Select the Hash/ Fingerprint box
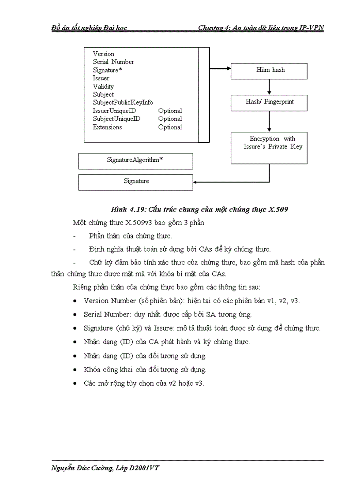[269, 102]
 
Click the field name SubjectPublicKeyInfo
[123, 102]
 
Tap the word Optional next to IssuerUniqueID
[170, 111]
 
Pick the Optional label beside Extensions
[170, 127]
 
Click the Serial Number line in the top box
[113, 62]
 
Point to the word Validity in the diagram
[103, 86]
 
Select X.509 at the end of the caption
[278, 209]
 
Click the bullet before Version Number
[75, 301]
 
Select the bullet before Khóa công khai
[75, 369]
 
